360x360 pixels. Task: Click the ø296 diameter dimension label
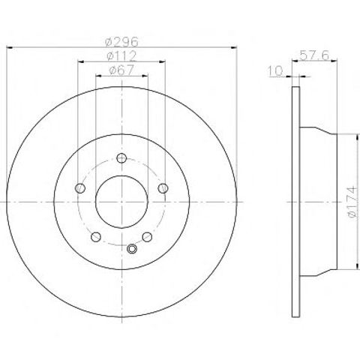[x=121, y=42]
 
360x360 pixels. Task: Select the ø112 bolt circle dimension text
[x=121, y=56]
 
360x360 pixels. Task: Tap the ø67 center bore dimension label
[x=121, y=70]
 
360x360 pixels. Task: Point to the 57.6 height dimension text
[x=314, y=55]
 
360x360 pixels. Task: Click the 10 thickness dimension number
[x=275, y=70]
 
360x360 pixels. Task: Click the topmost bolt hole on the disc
[x=121, y=158]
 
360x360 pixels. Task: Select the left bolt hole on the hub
[x=80, y=188]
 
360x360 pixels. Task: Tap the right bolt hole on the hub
[x=163, y=188]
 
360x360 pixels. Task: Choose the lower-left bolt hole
[x=96, y=237]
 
